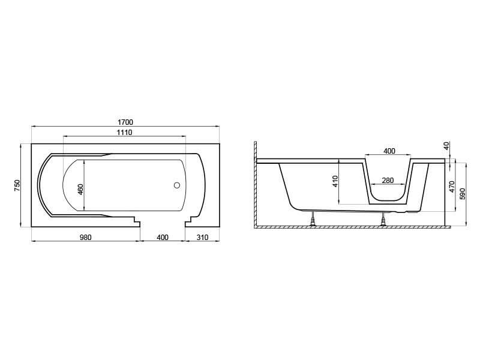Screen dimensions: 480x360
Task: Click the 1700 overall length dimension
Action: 125,122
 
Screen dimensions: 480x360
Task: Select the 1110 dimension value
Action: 124,132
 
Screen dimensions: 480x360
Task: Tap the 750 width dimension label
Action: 17,185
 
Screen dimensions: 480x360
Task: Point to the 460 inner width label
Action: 80,190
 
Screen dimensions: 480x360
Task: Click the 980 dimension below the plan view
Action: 85,237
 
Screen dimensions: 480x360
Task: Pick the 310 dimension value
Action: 202,237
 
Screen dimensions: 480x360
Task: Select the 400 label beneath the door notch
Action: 163,237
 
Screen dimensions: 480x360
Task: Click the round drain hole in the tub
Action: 176,185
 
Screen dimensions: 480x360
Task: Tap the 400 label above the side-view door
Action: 389,151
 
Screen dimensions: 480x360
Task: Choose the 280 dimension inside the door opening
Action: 388,181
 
